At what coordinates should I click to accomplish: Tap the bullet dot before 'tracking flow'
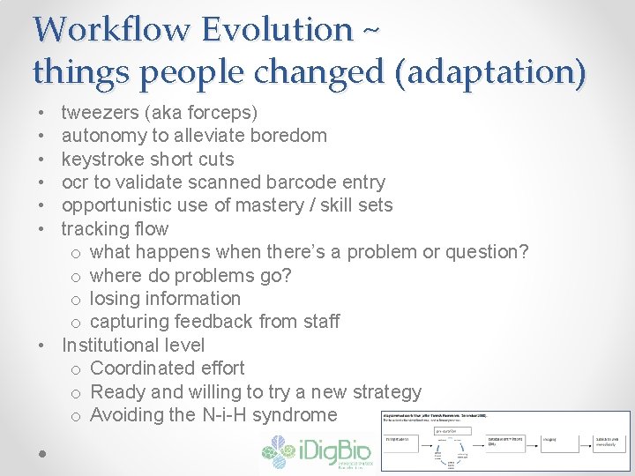tap(41, 229)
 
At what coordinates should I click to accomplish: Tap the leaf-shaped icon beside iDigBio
tap(280, 451)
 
